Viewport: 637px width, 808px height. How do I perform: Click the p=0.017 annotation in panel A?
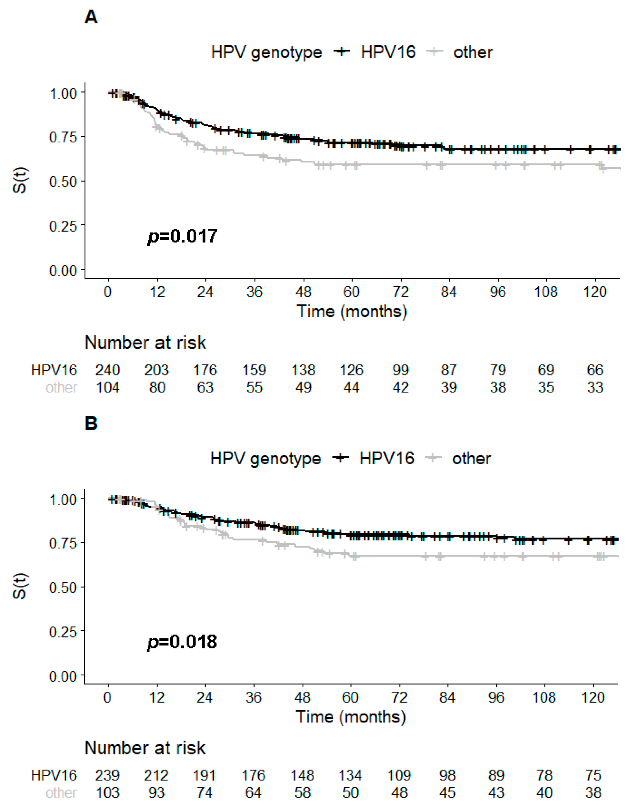182,236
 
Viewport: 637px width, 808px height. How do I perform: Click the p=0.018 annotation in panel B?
182,642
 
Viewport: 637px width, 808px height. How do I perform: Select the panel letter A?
91,17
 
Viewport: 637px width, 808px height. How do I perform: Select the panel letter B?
91,423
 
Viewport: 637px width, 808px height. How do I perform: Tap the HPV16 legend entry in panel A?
388,52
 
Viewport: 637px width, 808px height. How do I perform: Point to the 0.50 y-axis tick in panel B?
63,587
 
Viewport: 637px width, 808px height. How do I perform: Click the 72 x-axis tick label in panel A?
401,292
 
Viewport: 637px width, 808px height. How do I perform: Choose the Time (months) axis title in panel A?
352,311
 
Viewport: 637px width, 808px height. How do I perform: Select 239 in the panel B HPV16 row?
107,775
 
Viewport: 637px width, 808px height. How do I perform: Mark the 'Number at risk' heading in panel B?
145,748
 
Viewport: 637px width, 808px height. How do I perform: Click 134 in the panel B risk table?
350,775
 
